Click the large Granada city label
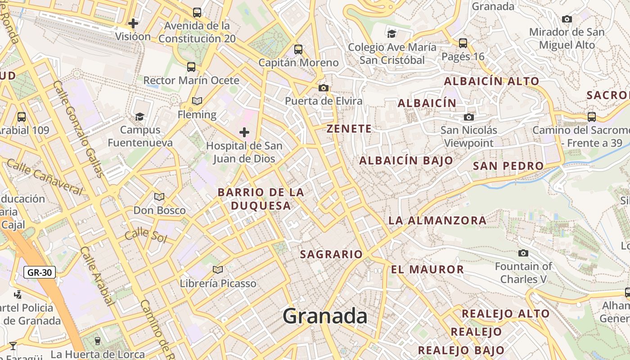point(325,316)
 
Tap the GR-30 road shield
point(40,272)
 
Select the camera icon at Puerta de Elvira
point(323,88)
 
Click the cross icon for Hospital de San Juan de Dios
point(244,132)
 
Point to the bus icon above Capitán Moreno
point(298,49)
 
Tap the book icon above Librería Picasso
point(218,270)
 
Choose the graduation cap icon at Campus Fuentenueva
point(140,117)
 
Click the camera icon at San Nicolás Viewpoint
point(469,117)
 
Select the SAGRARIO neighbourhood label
point(331,254)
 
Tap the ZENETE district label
point(349,129)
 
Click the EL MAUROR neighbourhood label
point(427,270)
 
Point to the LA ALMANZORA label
point(437,220)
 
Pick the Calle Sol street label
point(145,235)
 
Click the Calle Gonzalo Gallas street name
point(78,129)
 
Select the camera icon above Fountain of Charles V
point(523,253)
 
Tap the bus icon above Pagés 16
point(463,43)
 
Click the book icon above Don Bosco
point(159,197)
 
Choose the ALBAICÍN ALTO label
point(491,81)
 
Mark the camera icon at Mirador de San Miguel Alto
point(567,19)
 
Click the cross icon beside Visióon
point(133,23)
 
